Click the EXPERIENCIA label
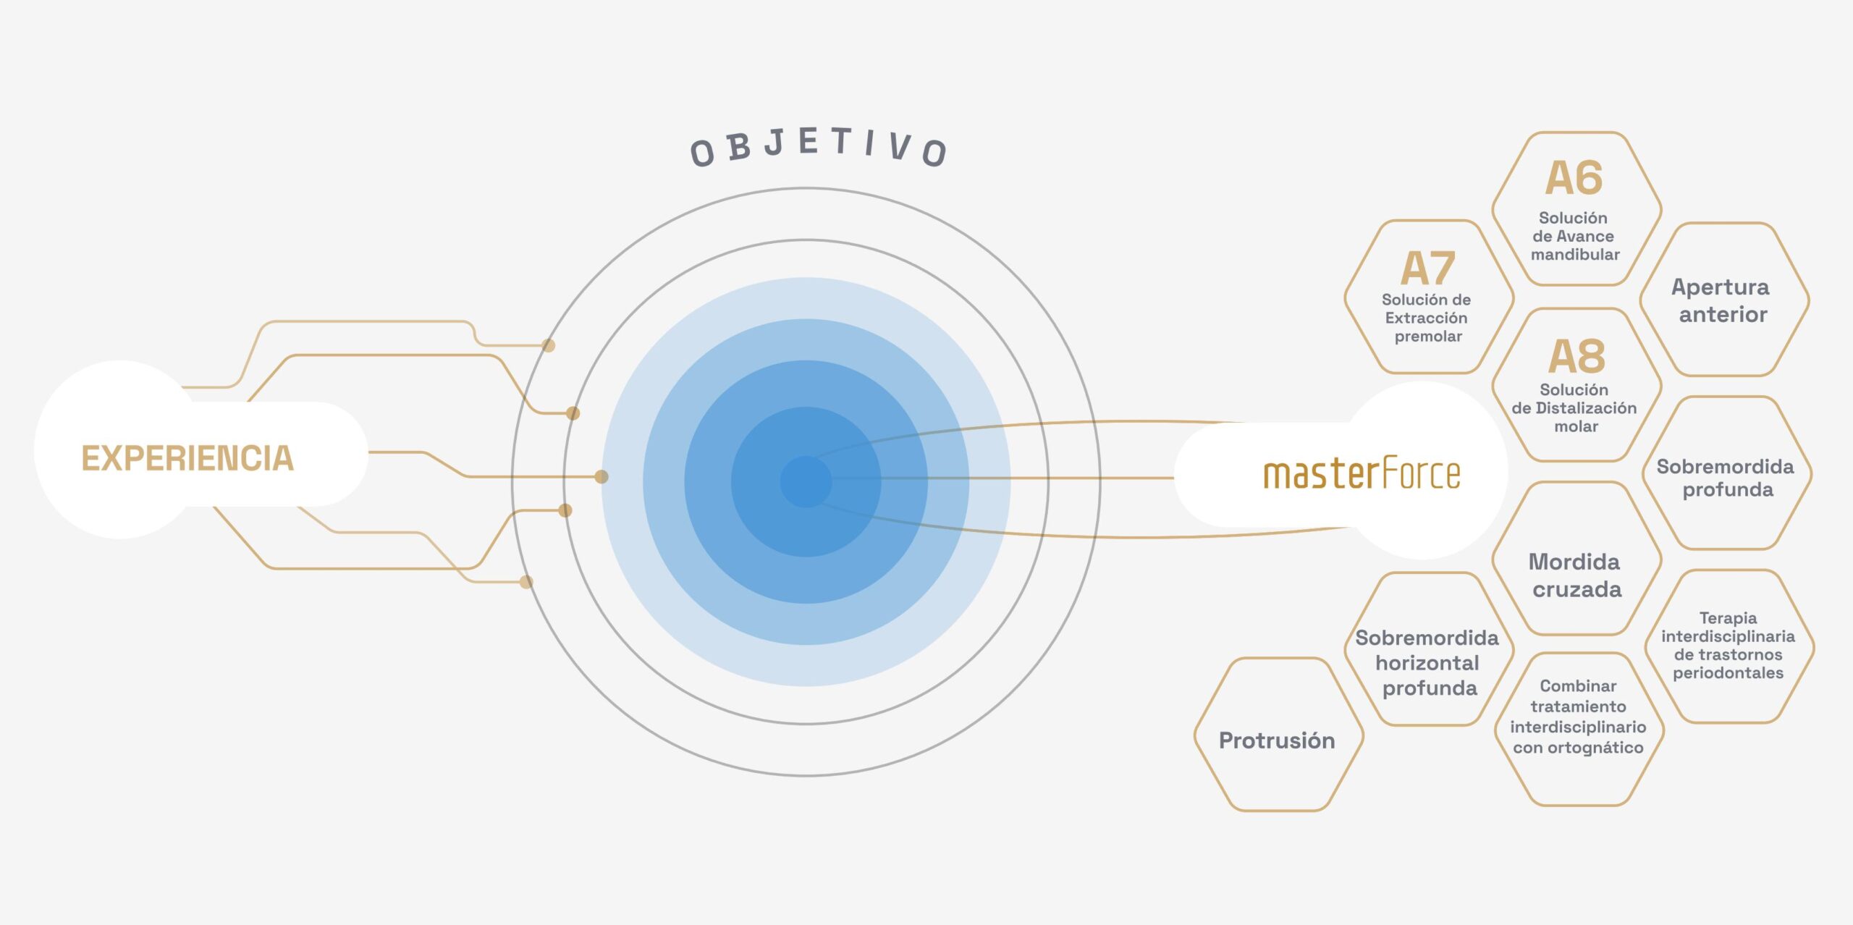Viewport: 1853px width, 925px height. coord(187,458)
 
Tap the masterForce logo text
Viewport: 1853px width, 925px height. coord(1362,474)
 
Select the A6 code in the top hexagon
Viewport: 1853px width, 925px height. coord(1574,178)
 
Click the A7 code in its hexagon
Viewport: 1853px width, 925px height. coord(1427,269)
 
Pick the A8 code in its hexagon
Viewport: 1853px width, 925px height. coord(1576,356)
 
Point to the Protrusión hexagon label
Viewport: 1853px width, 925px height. coord(1277,740)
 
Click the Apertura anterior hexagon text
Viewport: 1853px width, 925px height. coord(1721,300)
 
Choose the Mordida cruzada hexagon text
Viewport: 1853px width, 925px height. coord(1576,575)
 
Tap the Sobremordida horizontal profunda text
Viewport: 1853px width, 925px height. coord(1427,663)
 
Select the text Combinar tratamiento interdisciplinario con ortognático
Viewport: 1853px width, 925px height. coord(1578,717)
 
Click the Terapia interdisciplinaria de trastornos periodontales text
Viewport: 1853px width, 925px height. coord(1728,646)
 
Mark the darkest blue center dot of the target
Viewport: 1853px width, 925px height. coord(806,481)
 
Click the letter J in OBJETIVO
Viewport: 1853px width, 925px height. coord(774,143)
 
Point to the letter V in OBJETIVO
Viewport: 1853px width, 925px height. coord(900,146)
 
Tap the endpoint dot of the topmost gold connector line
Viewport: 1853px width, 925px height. coord(549,346)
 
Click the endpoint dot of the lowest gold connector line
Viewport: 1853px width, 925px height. coord(526,582)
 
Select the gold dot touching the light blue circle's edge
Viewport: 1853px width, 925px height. coord(602,477)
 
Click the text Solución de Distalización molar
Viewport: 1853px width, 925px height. coord(1574,408)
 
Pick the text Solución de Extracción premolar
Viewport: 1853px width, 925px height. coord(1427,318)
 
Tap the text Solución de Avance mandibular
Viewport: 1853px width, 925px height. coord(1574,236)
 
